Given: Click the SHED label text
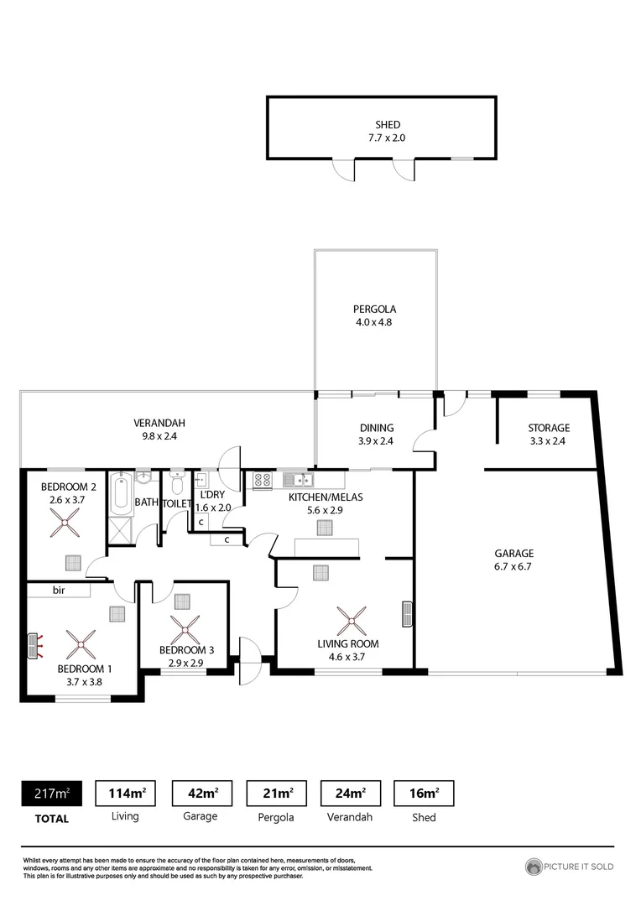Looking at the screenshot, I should (x=387, y=125).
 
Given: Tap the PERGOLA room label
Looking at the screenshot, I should (x=374, y=309).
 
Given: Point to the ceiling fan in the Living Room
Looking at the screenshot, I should (x=351, y=622).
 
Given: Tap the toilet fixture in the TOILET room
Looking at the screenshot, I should (x=176, y=484).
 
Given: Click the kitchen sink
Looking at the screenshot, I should (x=298, y=481).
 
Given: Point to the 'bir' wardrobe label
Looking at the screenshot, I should (x=59, y=591).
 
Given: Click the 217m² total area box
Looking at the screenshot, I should (x=51, y=793).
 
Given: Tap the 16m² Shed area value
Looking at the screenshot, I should (x=424, y=793).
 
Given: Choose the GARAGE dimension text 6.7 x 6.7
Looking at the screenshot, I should (x=513, y=566).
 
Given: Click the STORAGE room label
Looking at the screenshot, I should (x=548, y=428).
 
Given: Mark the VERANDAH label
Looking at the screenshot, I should (x=159, y=423).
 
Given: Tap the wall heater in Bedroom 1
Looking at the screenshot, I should (x=34, y=645).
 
